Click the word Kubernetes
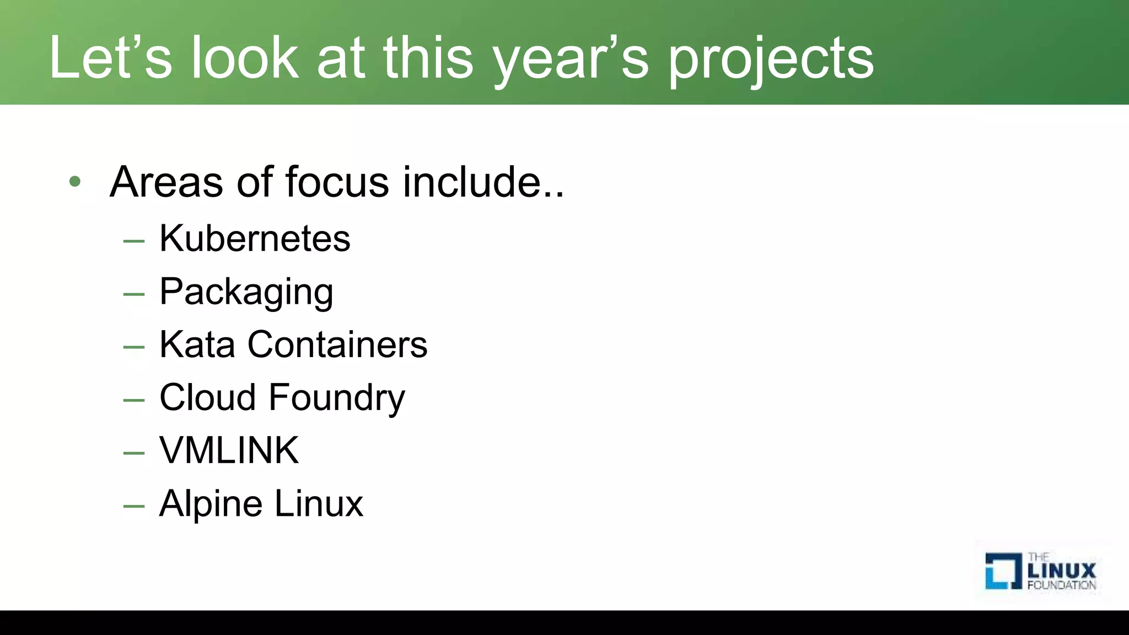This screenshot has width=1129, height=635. [255, 239]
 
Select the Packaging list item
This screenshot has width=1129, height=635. [246, 292]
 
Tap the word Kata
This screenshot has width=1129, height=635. [197, 345]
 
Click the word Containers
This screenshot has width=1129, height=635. [337, 345]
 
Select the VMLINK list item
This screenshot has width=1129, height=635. [229, 450]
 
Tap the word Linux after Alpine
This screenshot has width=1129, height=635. [319, 503]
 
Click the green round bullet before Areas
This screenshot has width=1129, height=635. [75, 181]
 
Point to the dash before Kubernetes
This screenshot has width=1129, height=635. [134, 241]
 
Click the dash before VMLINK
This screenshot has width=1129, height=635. [134, 453]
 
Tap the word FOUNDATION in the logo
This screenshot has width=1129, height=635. [1061, 585]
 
